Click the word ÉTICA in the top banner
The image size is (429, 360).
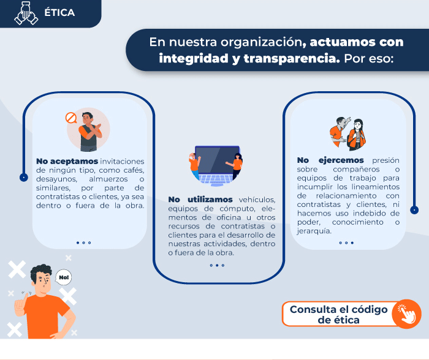pyautogui.click(x=59, y=13)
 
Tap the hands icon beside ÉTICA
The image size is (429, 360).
pyautogui.click(x=26, y=13)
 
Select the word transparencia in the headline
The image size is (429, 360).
pyautogui.click(x=292, y=59)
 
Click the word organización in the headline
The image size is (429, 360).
pyautogui.click(x=261, y=42)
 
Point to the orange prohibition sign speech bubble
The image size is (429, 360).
pyautogui.click(x=71, y=118)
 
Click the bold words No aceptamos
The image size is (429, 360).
pyautogui.click(x=67, y=161)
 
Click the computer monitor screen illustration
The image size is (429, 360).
pyautogui.click(x=217, y=160)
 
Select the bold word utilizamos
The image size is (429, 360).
pyautogui.click(x=210, y=200)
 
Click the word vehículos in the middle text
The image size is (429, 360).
pyautogui.click(x=257, y=200)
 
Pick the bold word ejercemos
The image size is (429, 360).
pyautogui.click(x=341, y=160)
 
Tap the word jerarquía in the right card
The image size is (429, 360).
pyautogui.click(x=314, y=231)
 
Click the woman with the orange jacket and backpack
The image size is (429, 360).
pyautogui.click(x=356, y=135)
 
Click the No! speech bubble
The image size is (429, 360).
pyautogui.click(x=64, y=277)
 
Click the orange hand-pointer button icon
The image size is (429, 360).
pyautogui.click(x=406, y=314)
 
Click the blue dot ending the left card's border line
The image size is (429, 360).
pyautogui.click(x=24, y=178)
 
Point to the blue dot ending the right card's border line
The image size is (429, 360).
pyautogui.click(x=414, y=210)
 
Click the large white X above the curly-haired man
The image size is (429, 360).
pyautogui.click(x=17, y=269)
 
